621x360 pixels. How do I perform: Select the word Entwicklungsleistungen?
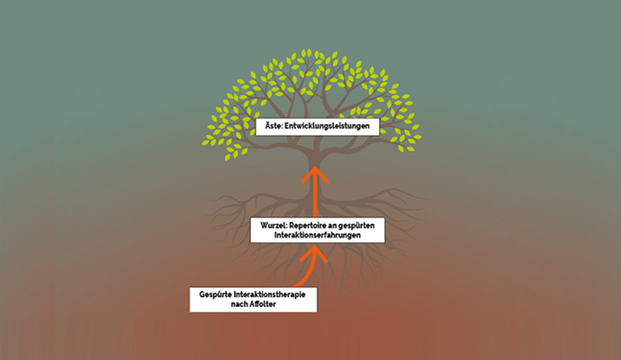(324, 127)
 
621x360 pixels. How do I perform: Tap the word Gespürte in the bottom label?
(213, 294)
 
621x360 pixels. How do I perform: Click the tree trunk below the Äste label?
(312, 153)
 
